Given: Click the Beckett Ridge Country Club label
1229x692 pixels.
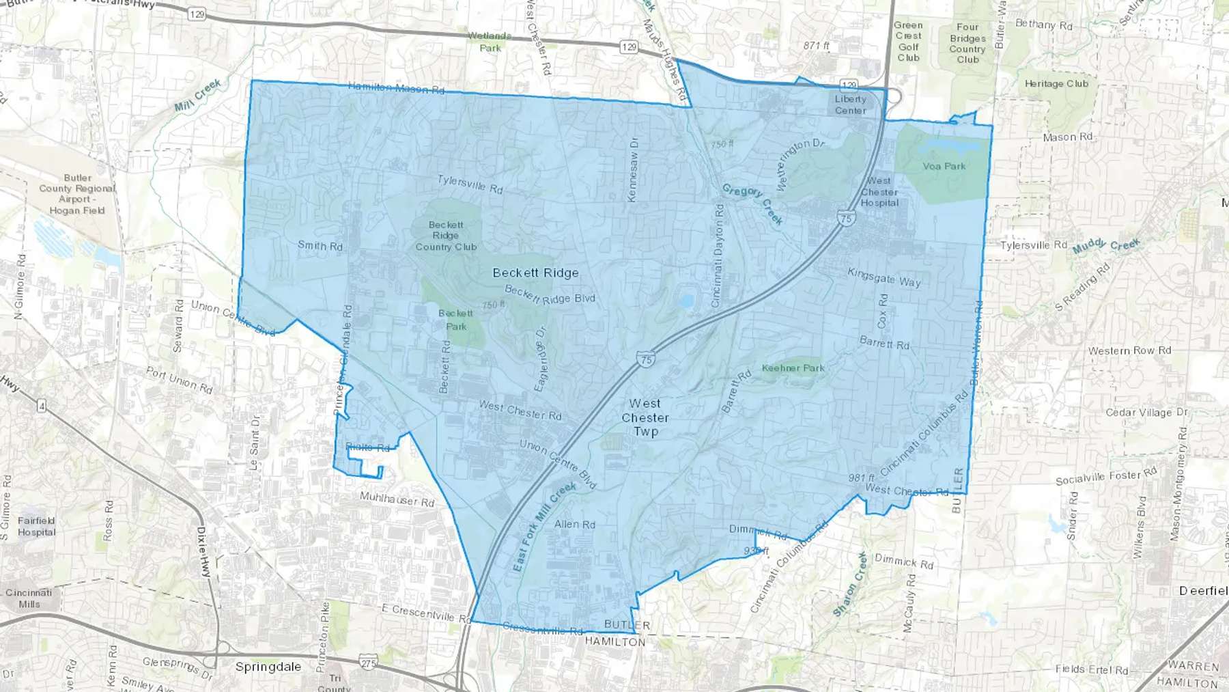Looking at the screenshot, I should (x=446, y=236).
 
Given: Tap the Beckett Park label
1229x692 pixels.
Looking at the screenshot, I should (x=455, y=320).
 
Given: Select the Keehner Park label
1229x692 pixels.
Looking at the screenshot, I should (x=793, y=368).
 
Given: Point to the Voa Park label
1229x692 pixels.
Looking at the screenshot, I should (x=944, y=166).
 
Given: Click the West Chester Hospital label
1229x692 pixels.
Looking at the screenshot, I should (x=879, y=192).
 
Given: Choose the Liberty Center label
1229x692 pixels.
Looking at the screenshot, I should (x=850, y=105).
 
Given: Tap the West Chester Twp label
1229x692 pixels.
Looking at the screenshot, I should (x=645, y=417).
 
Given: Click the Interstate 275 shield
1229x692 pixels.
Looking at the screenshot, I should (x=368, y=661).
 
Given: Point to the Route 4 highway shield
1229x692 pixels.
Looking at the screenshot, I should (x=42, y=406).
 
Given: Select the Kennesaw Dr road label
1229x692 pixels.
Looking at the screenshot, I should (x=633, y=169).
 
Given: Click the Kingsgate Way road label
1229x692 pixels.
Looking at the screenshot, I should (x=884, y=277).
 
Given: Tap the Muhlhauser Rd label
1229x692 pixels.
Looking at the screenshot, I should (x=397, y=499).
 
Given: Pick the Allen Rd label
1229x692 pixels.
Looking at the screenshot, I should (x=574, y=524).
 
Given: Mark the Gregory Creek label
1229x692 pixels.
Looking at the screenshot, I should (x=752, y=204).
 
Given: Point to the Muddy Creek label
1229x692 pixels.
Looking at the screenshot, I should (x=1105, y=245).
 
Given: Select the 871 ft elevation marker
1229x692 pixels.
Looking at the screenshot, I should (x=816, y=46).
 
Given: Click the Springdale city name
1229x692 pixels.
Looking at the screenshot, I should (x=268, y=667).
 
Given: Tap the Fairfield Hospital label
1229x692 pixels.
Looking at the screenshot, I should (x=36, y=526).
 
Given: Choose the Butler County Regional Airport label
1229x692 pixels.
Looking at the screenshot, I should (x=77, y=194).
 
